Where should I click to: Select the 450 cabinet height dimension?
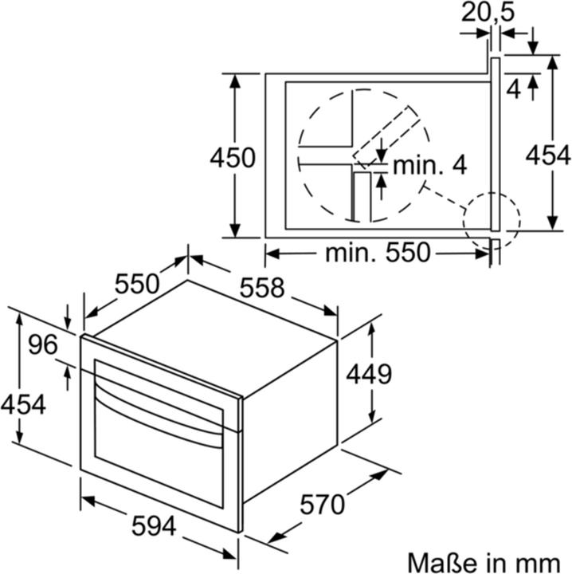coord(233,158)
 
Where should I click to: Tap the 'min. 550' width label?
coord(377,254)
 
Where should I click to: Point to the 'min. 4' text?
coord(429,165)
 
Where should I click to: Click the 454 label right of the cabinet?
coord(548,155)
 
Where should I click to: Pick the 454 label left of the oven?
coord(22,403)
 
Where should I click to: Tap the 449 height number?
coord(369,372)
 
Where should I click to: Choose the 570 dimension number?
coord(323,504)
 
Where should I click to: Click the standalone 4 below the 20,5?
coord(515,89)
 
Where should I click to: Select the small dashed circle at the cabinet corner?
coord(492,219)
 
